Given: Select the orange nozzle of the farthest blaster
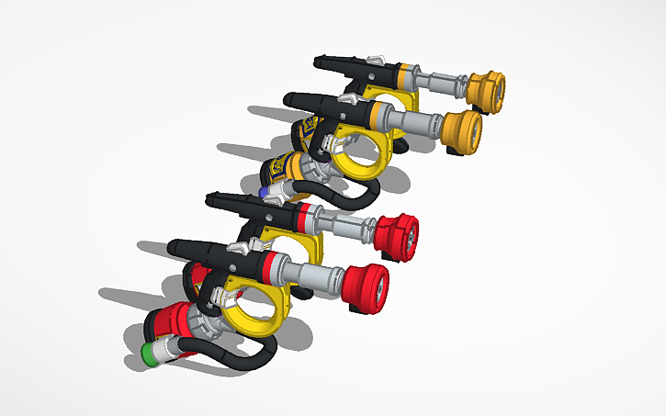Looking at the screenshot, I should pyautogui.click(x=487, y=90).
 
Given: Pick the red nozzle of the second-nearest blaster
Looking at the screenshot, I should pyautogui.click(x=397, y=234).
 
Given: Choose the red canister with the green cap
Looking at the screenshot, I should pyautogui.click(x=175, y=326).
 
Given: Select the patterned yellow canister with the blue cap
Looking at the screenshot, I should pyautogui.click(x=294, y=171).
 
